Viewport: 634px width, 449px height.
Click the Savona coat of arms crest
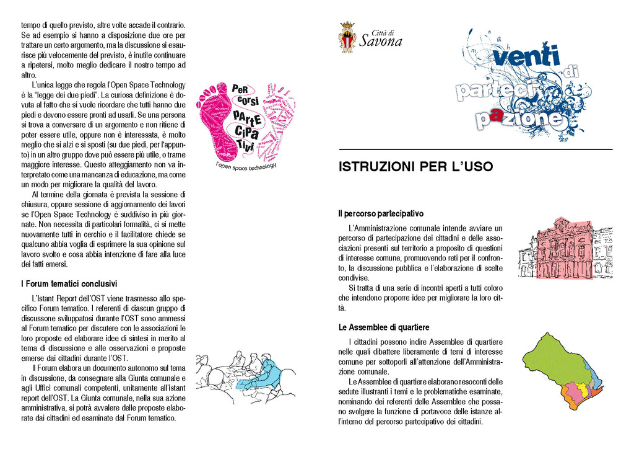[347, 37]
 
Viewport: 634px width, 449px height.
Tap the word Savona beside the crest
[381, 42]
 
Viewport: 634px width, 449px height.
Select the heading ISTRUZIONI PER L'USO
[415, 167]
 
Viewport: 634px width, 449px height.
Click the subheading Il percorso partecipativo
[381, 213]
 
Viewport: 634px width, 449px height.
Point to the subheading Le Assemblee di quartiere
[384, 327]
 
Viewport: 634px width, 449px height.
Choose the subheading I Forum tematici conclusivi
[69, 284]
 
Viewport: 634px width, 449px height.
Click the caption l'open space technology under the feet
[245, 166]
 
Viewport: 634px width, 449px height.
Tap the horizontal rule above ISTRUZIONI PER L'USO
[475, 149]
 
